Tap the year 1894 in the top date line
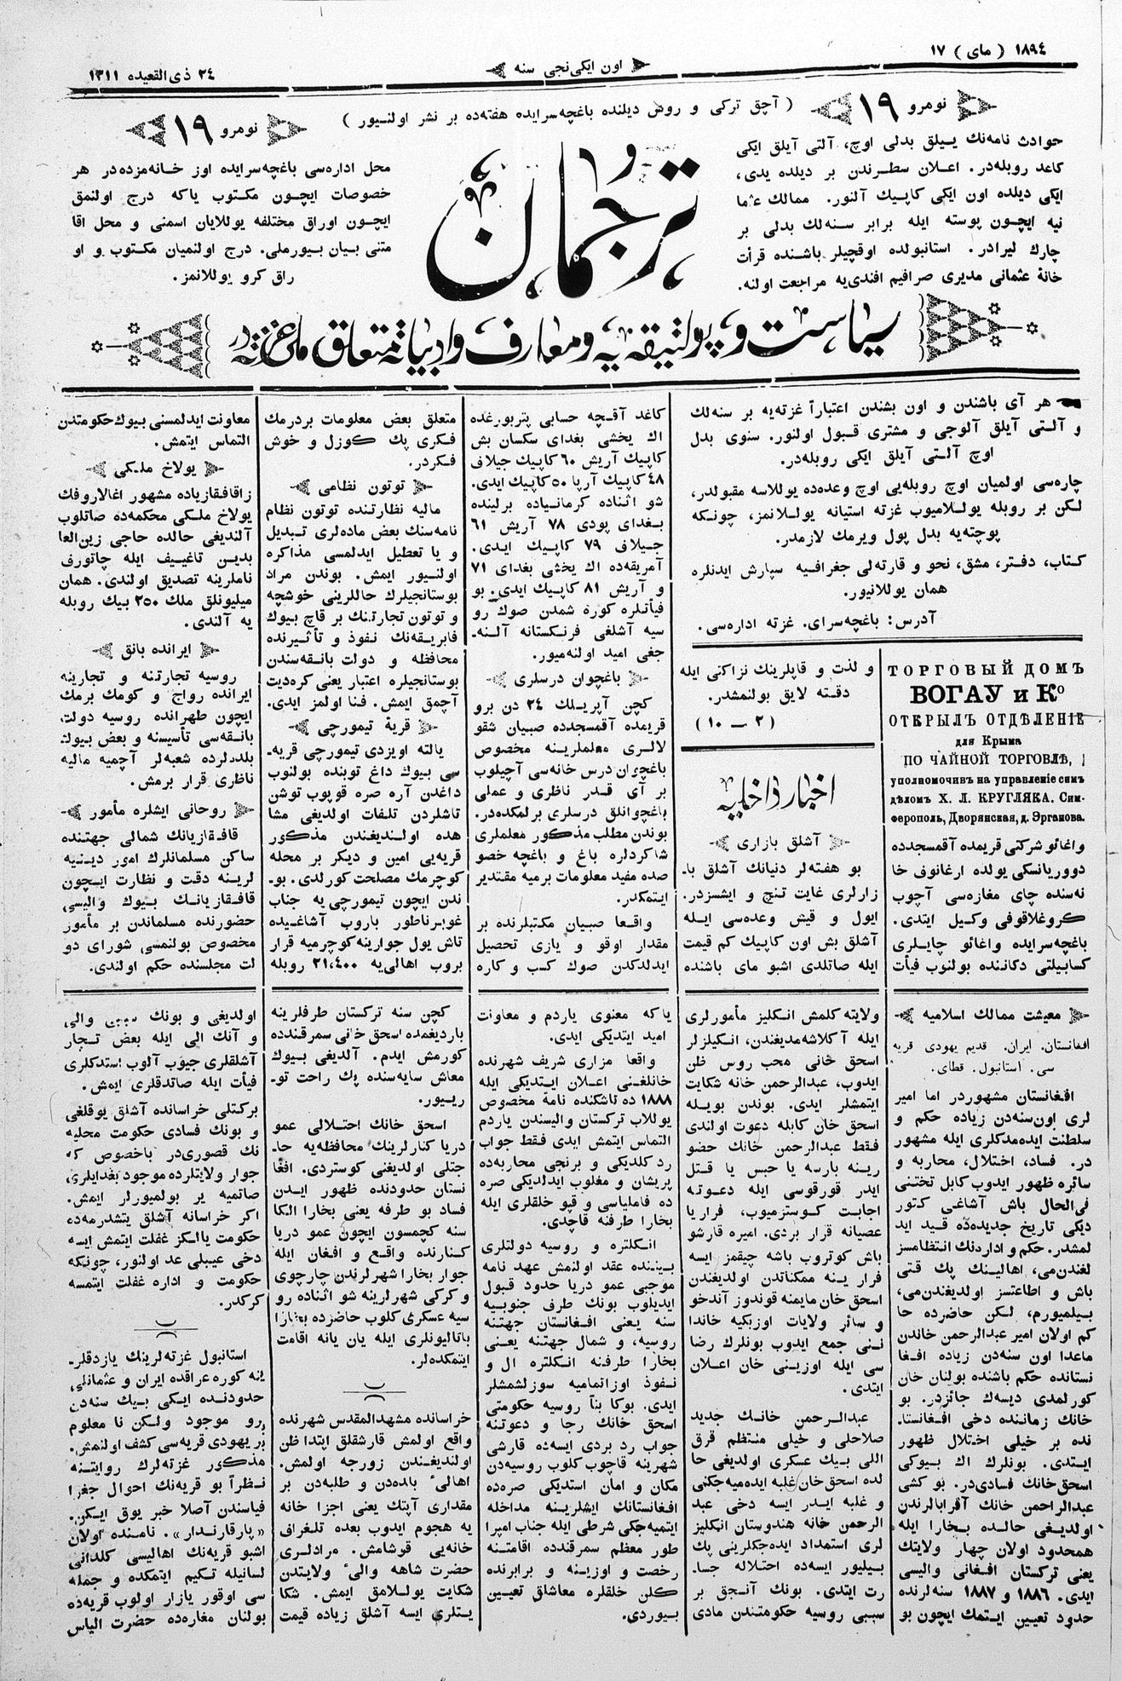click(x=1018, y=49)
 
